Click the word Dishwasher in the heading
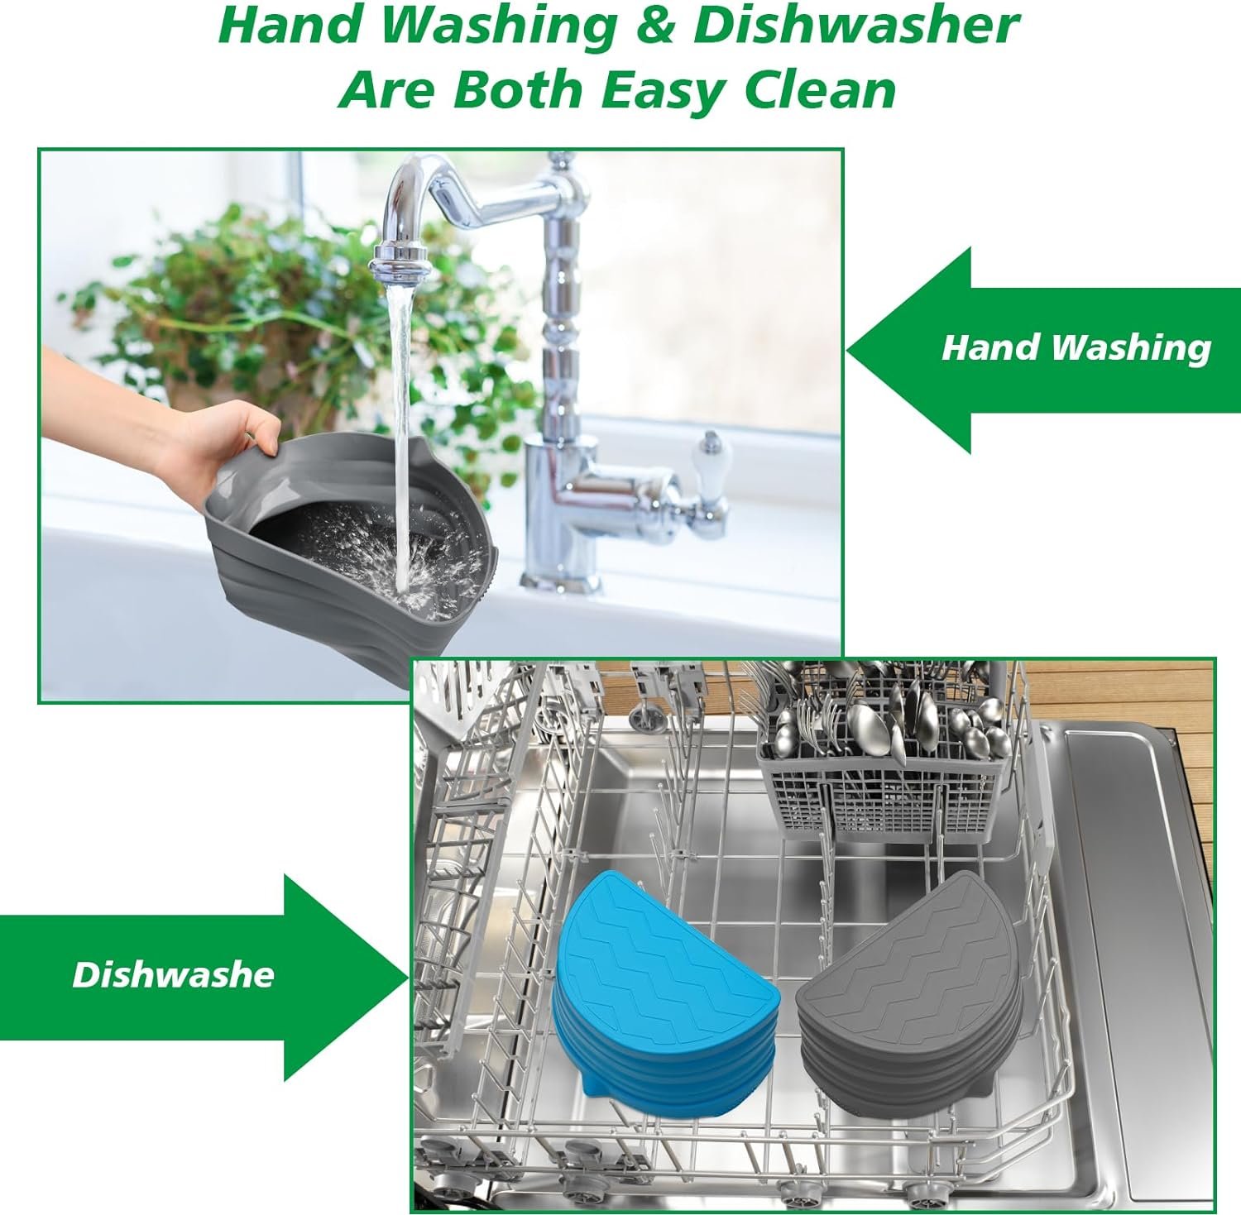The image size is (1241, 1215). (x=856, y=26)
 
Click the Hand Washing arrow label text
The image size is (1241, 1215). (x=1076, y=347)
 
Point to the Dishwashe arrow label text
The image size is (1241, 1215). (x=173, y=974)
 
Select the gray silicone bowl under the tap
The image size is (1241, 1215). (x=347, y=538)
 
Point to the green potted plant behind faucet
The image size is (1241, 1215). (x=273, y=331)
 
